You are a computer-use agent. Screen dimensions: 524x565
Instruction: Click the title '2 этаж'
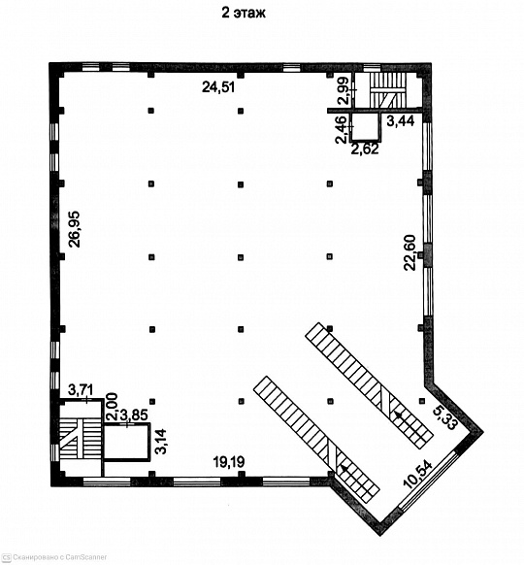tap(244, 14)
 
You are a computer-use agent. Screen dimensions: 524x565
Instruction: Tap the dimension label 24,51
tap(218, 87)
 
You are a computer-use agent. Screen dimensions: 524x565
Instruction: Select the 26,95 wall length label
tap(75, 229)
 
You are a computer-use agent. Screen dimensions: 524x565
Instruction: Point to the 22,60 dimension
tap(409, 252)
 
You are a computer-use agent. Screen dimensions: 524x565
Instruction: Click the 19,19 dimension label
tap(229, 461)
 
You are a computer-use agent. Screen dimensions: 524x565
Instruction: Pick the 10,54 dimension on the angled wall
tap(418, 475)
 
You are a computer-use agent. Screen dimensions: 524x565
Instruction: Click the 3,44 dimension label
tap(401, 121)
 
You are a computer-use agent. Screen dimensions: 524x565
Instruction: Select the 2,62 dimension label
tap(365, 149)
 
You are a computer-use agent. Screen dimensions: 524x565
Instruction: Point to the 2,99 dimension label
tap(344, 90)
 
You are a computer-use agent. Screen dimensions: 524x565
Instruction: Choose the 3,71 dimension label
tap(82, 390)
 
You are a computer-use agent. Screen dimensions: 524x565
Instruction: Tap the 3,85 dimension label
tap(134, 415)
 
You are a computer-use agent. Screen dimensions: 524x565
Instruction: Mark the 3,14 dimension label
tap(160, 441)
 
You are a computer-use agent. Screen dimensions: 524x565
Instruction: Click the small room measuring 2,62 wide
tap(365, 126)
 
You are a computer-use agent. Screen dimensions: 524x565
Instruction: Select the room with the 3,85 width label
tap(126, 442)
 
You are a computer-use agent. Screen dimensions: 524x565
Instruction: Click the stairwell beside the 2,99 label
tap(388, 90)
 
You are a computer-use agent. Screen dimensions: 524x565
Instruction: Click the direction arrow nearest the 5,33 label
tap(399, 415)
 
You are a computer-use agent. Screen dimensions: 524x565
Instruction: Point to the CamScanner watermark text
tap(57, 557)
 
